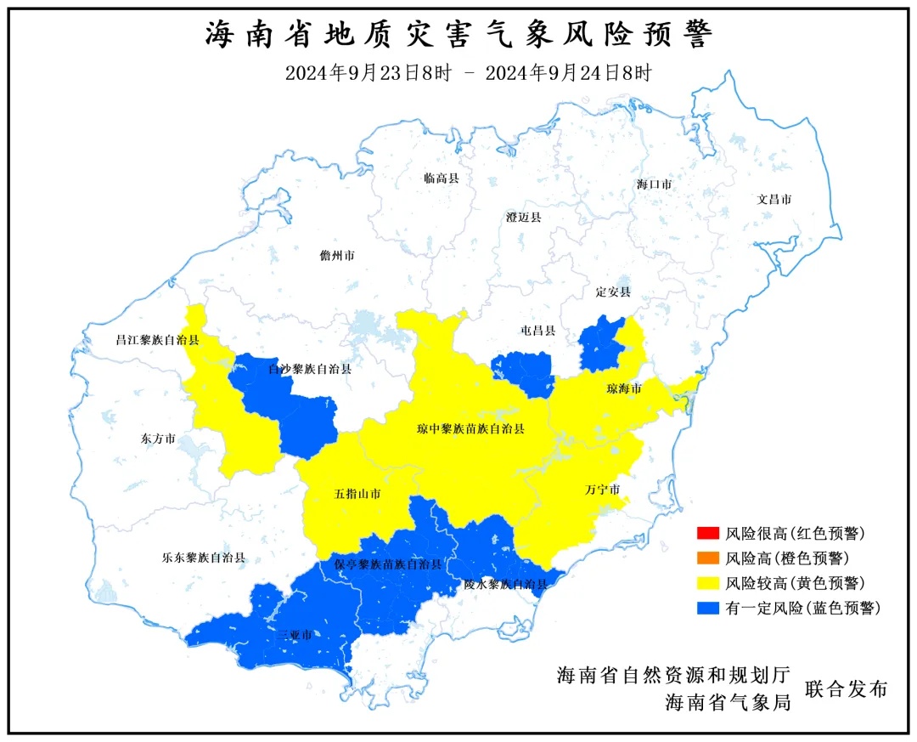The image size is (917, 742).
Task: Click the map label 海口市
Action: click(x=655, y=184)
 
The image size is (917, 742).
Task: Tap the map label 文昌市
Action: click(x=774, y=200)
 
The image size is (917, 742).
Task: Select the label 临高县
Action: click(x=442, y=178)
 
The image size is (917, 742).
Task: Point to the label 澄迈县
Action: click(x=523, y=218)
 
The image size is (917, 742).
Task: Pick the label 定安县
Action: click(x=613, y=292)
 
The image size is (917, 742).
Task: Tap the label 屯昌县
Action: click(x=537, y=331)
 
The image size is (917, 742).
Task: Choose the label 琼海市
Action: click(x=624, y=389)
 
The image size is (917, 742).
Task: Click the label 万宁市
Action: click(x=602, y=490)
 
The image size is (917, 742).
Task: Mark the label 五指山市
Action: click(x=357, y=494)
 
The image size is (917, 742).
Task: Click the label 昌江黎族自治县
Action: click(x=157, y=340)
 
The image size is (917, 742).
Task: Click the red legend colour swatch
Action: click(x=706, y=534)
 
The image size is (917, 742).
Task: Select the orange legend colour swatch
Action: click(x=706, y=558)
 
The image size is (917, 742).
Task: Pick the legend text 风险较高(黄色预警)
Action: click(x=796, y=583)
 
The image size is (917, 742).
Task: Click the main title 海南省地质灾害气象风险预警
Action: click(x=458, y=36)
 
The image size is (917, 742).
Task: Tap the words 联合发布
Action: click(x=846, y=689)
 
